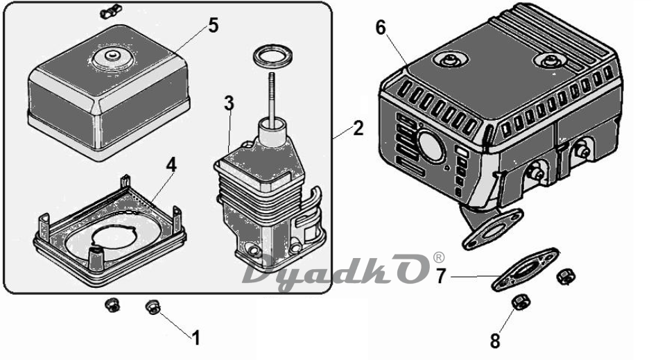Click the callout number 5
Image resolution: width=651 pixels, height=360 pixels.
coord(213,26)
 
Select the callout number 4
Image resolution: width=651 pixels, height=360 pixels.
coord(171,165)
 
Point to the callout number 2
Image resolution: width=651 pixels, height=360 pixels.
coord(358,128)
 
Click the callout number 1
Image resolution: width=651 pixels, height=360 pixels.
coord(196,338)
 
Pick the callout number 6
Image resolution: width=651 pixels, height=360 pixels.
coord(381,28)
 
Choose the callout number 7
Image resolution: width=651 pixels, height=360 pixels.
coord(441,276)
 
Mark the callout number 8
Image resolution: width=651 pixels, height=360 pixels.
coord(495,341)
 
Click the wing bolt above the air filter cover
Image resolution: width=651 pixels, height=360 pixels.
coord(110,11)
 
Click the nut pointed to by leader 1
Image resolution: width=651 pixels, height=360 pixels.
coord(153,307)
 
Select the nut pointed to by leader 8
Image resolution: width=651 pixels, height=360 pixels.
coord(519,302)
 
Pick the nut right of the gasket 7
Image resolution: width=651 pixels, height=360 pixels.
coord(565,276)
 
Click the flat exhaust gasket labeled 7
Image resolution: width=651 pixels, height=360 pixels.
coord(526,270)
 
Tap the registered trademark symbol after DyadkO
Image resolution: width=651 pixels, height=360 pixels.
coord(438,258)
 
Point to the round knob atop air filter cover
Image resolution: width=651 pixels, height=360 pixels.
coord(112,58)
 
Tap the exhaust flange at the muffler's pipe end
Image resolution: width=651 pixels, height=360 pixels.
coord(492,228)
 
